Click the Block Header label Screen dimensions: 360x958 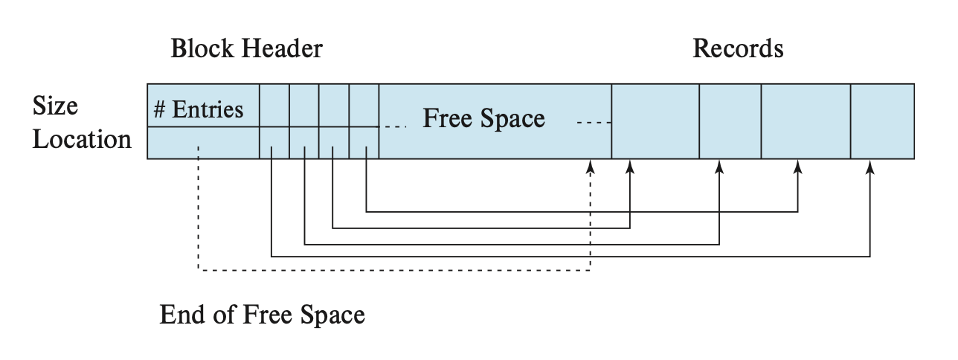(246, 50)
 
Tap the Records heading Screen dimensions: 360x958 (738, 49)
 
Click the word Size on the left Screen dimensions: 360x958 (56, 107)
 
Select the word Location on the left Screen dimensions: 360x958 (82, 140)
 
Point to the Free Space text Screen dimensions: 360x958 (483, 119)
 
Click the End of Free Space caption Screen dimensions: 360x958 (262, 315)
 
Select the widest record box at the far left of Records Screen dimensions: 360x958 (655, 121)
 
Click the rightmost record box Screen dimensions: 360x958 (882, 121)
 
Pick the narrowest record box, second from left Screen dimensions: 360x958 (730, 121)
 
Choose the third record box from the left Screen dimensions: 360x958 (806, 121)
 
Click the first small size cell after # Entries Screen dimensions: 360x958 (274, 105)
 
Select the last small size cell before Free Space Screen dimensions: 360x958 (364, 105)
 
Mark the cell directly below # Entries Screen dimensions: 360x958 (202, 143)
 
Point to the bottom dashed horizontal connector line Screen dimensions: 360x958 (394, 271)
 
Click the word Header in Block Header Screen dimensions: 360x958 (286, 50)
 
